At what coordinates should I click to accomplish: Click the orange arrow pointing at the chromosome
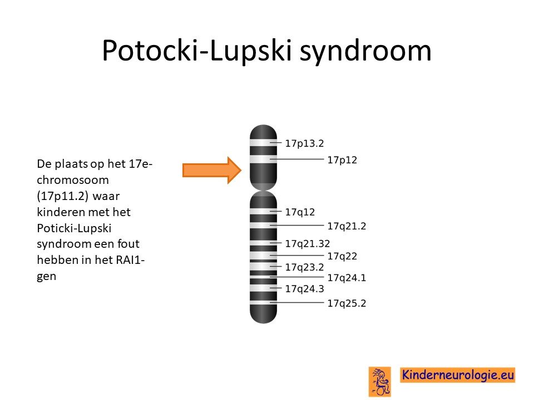pyautogui.click(x=212, y=170)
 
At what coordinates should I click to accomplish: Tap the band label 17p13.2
pyautogui.click(x=304, y=143)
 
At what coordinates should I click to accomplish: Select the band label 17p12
pyautogui.click(x=342, y=160)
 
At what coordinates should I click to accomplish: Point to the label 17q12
pyautogui.click(x=300, y=212)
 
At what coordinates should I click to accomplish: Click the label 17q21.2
pyautogui.click(x=347, y=226)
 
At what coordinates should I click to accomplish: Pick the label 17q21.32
pyautogui.click(x=308, y=243)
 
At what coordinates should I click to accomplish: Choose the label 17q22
pyautogui.click(x=342, y=256)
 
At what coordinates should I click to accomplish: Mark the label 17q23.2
pyautogui.click(x=304, y=267)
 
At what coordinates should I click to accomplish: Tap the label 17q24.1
pyautogui.click(x=347, y=278)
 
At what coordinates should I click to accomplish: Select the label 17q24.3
pyautogui.click(x=304, y=289)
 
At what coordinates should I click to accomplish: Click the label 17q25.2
pyautogui.click(x=347, y=303)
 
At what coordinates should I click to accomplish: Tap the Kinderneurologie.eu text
pyautogui.click(x=458, y=375)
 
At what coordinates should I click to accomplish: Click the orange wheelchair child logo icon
pyautogui.click(x=380, y=381)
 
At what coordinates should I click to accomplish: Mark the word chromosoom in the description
pyautogui.click(x=73, y=180)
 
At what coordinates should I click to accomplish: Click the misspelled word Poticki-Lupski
pyautogui.click(x=74, y=228)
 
